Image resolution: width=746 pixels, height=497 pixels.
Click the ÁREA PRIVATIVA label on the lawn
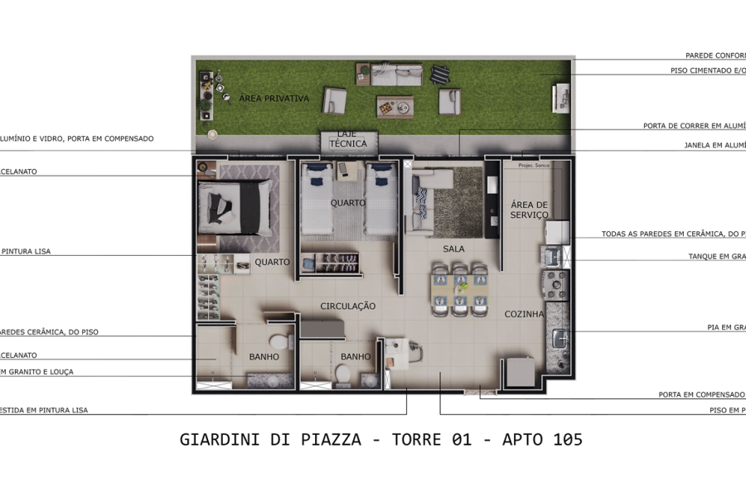[274, 99]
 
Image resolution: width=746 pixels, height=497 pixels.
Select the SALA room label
[453, 248]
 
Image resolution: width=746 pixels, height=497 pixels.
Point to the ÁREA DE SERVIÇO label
[530, 210]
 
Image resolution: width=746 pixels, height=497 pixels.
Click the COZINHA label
[525, 315]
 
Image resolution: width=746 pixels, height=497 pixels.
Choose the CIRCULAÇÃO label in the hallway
[348, 306]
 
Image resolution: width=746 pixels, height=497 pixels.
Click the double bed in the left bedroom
[234, 205]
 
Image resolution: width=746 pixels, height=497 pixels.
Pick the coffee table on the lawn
[395, 106]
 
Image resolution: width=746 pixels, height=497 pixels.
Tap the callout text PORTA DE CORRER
[694, 127]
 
